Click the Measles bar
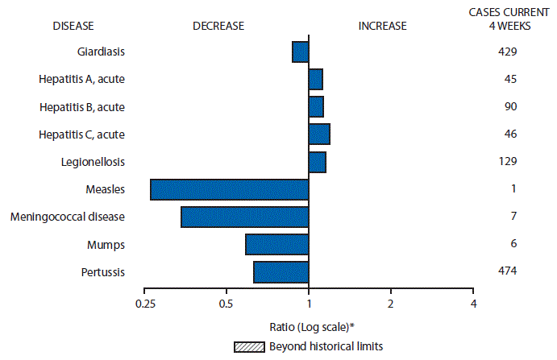[229, 189]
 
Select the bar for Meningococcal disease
[244, 217]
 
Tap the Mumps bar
[276, 244]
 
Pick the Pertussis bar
[281, 272]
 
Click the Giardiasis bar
[300, 52]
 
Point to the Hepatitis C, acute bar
[319, 134]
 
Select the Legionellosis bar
[317, 162]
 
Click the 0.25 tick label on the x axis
[145, 304]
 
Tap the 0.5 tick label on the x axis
[227, 304]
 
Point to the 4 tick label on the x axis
[473, 304]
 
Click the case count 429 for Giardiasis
[507, 52]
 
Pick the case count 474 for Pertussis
[507, 271]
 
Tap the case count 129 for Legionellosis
[507, 161]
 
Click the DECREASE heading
[218, 26]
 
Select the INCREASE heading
[382, 26]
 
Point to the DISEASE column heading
[73, 26]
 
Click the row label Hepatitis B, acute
[81, 106]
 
